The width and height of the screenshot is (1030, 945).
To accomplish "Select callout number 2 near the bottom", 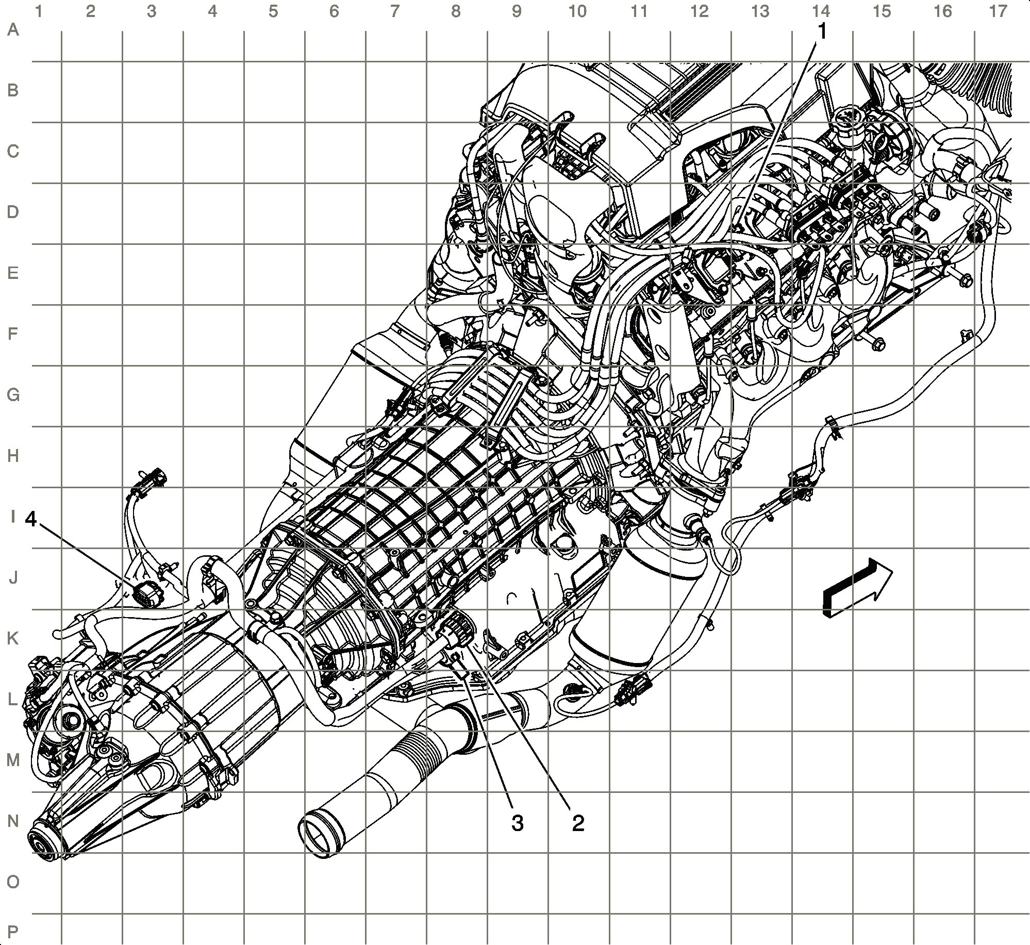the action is pyautogui.click(x=578, y=823).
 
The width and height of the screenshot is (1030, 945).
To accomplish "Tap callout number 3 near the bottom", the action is pyautogui.click(x=517, y=823).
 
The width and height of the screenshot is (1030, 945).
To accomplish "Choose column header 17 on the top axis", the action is pyautogui.click(x=998, y=11).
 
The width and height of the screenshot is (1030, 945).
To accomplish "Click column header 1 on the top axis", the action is pyautogui.click(x=38, y=11).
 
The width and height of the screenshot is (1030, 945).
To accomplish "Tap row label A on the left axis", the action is pyautogui.click(x=13, y=30).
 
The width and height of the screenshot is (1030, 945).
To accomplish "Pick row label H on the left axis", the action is pyautogui.click(x=13, y=456).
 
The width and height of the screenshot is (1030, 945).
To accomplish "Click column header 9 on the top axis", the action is pyautogui.click(x=517, y=11).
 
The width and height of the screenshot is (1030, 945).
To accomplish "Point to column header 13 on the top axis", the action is pyautogui.click(x=760, y=11).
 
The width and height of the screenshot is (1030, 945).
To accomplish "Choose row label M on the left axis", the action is pyautogui.click(x=13, y=760).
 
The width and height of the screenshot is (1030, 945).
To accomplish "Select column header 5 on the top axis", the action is pyautogui.click(x=273, y=11).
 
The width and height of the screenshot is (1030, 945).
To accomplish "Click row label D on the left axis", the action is pyautogui.click(x=13, y=212).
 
